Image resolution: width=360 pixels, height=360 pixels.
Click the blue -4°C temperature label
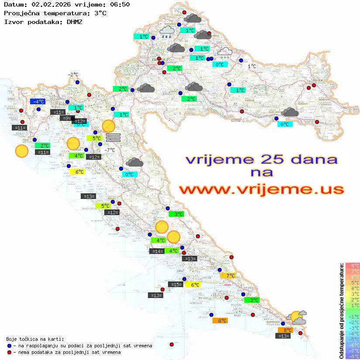click(38, 102)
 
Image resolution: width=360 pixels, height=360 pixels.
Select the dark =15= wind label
click(176, 285)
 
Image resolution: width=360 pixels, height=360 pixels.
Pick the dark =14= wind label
click(157, 251)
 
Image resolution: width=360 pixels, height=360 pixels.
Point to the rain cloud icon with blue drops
click(167, 32)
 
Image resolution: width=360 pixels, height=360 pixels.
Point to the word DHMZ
click(75, 21)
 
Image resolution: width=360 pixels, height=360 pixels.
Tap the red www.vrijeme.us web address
click(261, 189)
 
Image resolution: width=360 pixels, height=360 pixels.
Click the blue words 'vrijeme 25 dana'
click(262, 159)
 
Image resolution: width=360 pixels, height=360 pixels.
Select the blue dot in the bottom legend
click(9, 346)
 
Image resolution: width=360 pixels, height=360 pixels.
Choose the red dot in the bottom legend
click(9, 352)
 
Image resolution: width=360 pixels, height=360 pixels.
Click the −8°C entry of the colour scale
click(352, 357)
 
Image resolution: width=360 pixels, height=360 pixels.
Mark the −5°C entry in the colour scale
click(352, 339)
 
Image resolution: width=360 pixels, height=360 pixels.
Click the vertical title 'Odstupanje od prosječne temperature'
click(342, 311)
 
